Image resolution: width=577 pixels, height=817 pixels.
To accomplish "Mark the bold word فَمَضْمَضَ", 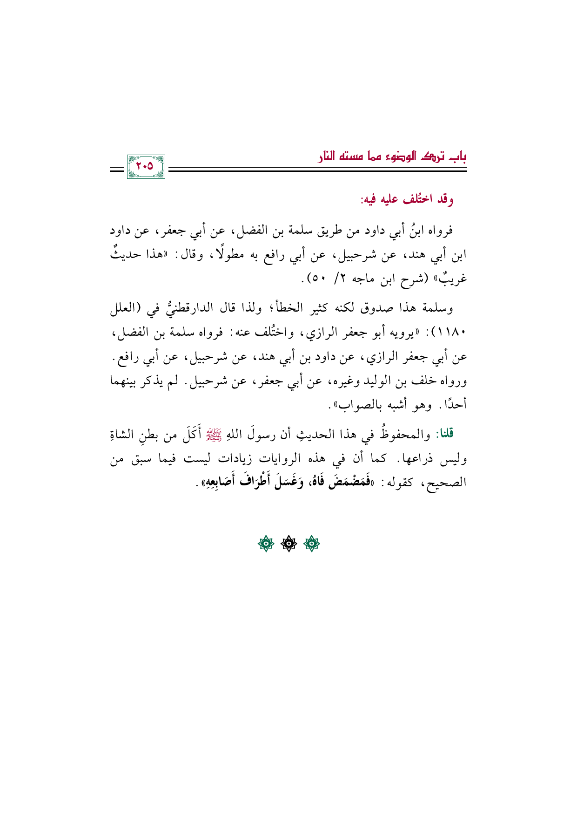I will (x=344, y=483).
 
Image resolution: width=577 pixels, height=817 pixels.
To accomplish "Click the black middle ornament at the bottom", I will (x=288, y=543).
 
